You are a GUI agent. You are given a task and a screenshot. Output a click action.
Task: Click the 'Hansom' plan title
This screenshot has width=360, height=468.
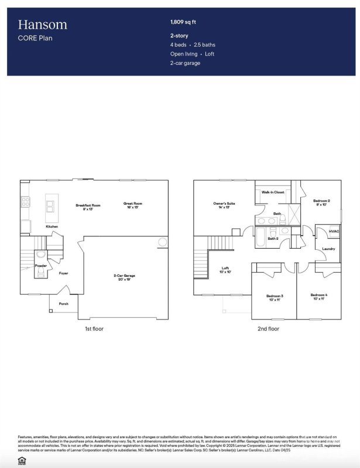tap(42, 25)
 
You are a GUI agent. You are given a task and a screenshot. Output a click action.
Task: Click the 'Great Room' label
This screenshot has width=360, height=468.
tap(132, 205)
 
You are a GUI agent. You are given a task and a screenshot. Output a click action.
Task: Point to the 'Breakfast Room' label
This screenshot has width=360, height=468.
tap(88, 206)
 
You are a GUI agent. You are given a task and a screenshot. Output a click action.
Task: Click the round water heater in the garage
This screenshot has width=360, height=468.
tap(162, 243)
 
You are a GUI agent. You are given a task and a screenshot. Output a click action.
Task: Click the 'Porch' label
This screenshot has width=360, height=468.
tap(63, 304)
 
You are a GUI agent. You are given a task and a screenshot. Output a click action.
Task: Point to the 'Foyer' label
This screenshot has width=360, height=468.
tap(63, 273)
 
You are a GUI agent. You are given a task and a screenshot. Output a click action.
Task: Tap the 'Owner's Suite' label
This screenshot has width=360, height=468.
tap(224, 205)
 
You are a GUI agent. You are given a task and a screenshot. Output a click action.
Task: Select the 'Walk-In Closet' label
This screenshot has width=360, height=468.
tap(273, 192)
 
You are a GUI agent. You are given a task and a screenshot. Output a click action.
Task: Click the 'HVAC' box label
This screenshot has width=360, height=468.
tap(334, 232)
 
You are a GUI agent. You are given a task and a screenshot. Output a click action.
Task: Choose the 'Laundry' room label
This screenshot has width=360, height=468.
tap(328, 250)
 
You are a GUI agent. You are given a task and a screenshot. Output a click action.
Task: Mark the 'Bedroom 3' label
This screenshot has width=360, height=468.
tap(275, 297)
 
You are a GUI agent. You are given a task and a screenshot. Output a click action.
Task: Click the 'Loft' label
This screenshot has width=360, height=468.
tap(225, 270)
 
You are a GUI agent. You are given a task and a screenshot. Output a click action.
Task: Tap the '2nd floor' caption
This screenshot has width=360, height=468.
tap(268, 329)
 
